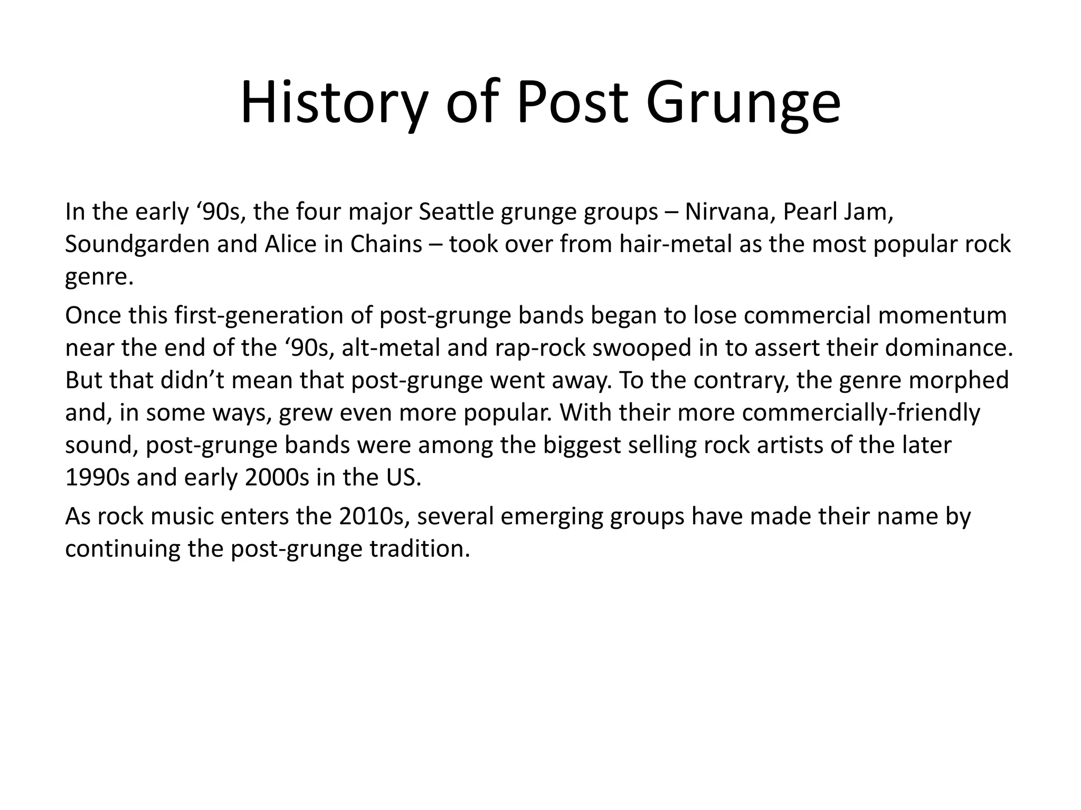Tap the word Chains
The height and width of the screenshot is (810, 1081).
click(386, 244)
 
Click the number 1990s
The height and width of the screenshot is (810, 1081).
click(97, 478)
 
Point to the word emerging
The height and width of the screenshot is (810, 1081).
click(552, 517)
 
